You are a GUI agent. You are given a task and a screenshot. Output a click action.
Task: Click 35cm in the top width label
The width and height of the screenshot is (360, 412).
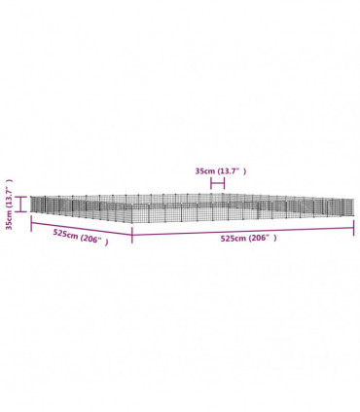tap(205, 171)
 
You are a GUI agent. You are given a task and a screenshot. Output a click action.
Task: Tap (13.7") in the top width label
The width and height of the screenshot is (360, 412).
tap(232, 171)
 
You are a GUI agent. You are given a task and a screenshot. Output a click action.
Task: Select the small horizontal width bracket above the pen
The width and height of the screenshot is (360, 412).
tap(217, 184)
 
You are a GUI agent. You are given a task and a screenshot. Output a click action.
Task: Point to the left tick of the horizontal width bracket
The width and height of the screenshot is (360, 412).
tap(211, 184)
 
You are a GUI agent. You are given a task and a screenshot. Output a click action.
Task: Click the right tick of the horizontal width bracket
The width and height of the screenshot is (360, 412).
tap(224, 184)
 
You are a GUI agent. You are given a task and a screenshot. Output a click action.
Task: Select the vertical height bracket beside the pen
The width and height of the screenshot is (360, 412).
tap(21, 205)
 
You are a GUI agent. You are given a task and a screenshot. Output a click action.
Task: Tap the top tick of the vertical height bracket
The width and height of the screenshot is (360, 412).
tap(21, 197)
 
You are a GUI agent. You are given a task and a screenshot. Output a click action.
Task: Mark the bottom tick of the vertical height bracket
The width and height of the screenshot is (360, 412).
tap(21, 211)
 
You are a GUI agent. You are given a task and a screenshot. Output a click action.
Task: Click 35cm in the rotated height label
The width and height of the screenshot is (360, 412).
tap(10, 220)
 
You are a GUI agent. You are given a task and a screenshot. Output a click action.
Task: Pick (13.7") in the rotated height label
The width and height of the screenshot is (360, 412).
tap(10, 194)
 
